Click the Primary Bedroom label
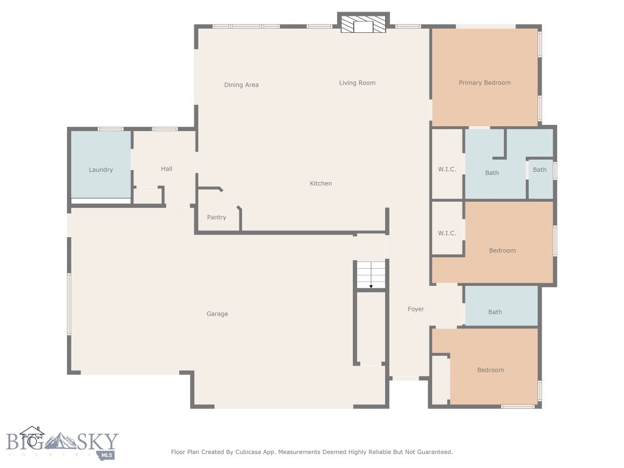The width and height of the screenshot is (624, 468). coord(484,83)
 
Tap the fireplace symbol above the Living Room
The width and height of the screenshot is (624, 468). coord(364,25)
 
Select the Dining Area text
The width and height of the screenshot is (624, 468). coord(241,85)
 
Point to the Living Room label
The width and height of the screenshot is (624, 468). coord(357,83)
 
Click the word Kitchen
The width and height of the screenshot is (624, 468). coord(321,183)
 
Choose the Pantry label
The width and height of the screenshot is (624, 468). coord(216,218)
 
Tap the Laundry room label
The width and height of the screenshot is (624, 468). coord(101,170)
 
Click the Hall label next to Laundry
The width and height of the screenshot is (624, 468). coord(166,169)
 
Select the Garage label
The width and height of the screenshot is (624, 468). coord(217,314)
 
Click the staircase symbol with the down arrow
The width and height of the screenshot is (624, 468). coord(371,275)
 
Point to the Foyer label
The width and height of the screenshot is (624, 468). coord(416,310)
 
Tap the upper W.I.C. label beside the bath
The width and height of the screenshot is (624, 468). coord(447,169)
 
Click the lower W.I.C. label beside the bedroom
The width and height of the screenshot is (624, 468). coord(447,233)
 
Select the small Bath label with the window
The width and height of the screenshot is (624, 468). coord(540,170)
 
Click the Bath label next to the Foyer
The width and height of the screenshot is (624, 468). coord(495,312)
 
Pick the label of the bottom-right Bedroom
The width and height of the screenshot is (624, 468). coord(491,370)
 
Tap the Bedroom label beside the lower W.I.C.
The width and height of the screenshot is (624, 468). coord(502,250)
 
